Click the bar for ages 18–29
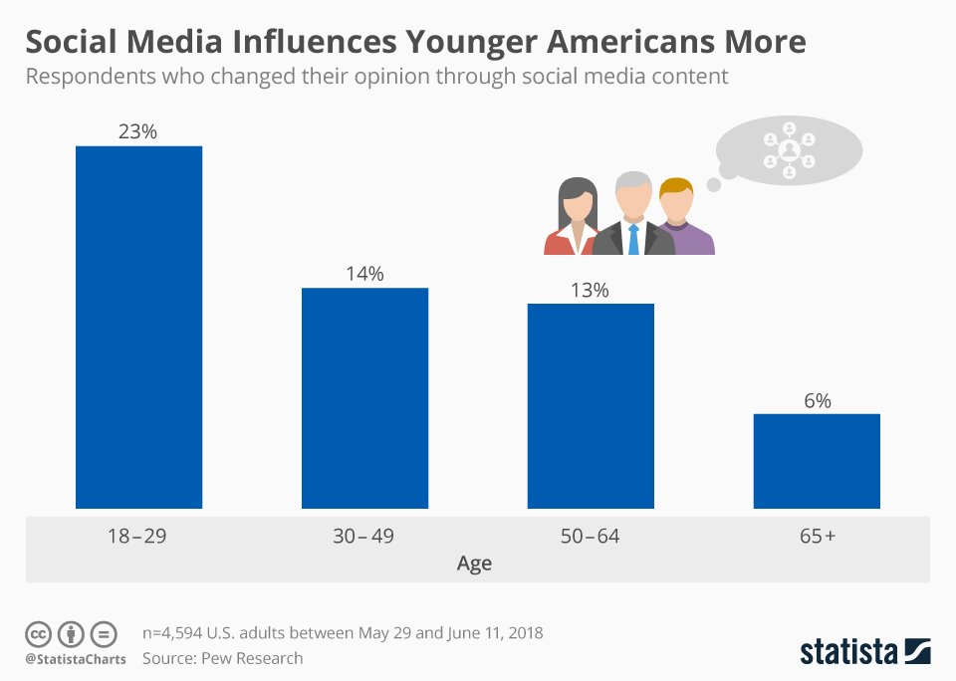click(139, 328)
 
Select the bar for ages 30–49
click(365, 398)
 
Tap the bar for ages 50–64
click(591, 406)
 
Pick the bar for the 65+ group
click(817, 461)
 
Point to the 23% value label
click(139, 130)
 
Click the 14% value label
click(365, 273)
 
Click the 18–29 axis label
click(137, 537)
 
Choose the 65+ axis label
click(817, 537)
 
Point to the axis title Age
click(474, 564)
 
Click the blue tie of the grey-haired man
click(633, 239)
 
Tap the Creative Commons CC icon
click(38, 633)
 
